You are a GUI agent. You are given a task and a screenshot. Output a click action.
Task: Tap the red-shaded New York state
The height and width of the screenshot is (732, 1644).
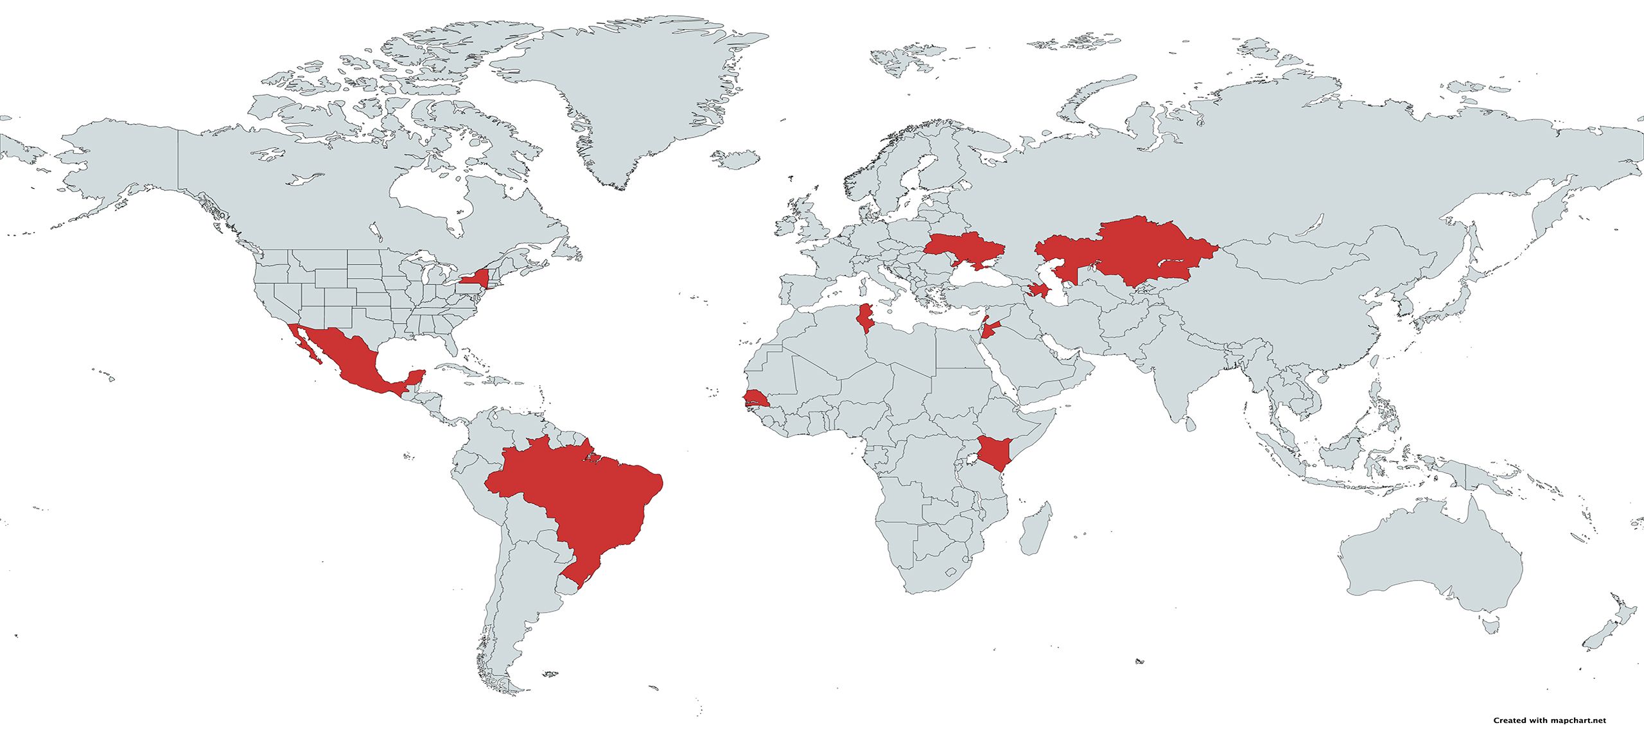point(475,278)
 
